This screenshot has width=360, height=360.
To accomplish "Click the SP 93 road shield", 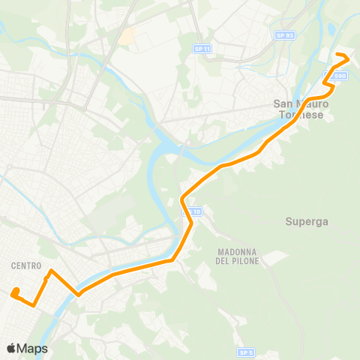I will [283, 34].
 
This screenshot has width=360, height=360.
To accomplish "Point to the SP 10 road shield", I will [193, 212].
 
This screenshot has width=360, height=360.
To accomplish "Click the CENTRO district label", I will [26, 265].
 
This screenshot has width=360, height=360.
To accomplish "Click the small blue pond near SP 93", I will [331, 30].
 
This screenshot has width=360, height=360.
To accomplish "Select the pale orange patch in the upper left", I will [127, 35].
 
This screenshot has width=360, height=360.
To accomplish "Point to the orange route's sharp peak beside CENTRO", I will [50, 271].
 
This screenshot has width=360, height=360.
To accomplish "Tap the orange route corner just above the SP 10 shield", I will [183, 199].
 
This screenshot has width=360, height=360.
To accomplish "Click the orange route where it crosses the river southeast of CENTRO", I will [78, 294].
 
